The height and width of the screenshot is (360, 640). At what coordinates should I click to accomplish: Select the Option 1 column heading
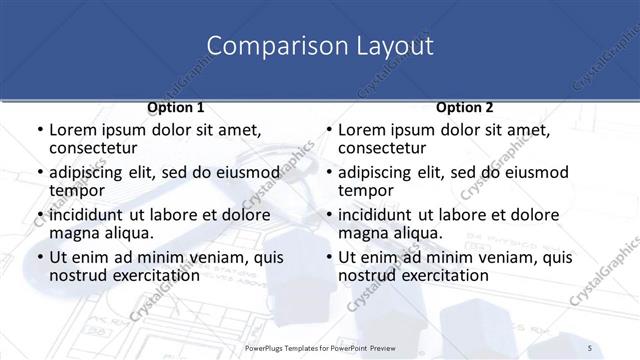coord(175,107)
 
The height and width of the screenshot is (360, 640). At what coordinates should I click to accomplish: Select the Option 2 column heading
coord(464,107)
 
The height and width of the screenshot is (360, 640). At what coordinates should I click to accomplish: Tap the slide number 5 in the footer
coord(590,347)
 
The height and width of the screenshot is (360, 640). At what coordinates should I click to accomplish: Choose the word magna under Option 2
coord(362,233)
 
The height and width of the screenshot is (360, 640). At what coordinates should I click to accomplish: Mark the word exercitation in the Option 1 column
coord(146,275)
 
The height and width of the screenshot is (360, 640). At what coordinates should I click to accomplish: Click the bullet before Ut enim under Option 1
coord(38,258)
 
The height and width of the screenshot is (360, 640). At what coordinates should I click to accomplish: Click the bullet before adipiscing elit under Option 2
coord(327,173)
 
